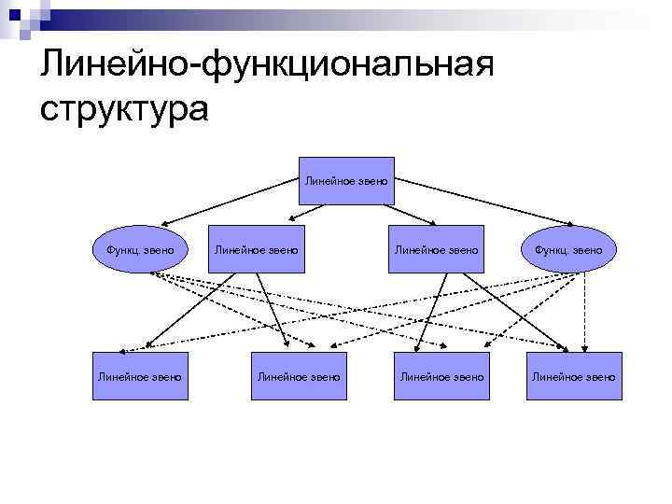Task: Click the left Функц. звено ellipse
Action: click(139, 249)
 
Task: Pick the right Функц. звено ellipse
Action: click(568, 249)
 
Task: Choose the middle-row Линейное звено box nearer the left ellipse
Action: click(257, 249)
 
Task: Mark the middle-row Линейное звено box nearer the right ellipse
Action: click(437, 249)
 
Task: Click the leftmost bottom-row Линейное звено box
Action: click(139, 376)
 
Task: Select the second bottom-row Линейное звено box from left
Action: click(299, 376)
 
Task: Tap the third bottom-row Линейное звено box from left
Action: click(441, 376)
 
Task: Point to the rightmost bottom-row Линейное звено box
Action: click(573, 376)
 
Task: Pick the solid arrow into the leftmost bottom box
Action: click(187, 313)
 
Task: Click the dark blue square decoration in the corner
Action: click(14, 14)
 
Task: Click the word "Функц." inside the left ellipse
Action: click(121, 249)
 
